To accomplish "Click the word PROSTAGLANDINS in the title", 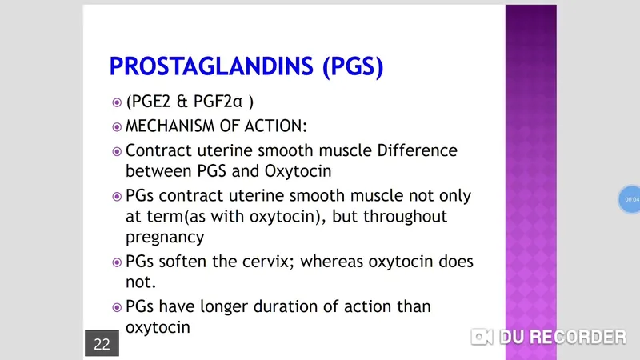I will [x=212, y=67].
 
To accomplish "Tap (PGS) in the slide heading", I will [x=352, y=67].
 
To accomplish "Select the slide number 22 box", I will [x=102, y=344].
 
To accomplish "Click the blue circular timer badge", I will [x=631, y=198].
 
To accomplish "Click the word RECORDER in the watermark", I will [x=577, y=337].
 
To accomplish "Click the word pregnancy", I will [x=165, y=237].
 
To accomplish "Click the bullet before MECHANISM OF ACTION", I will [x=117, y=127].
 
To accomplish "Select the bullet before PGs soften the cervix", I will [x=117, y=262].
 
